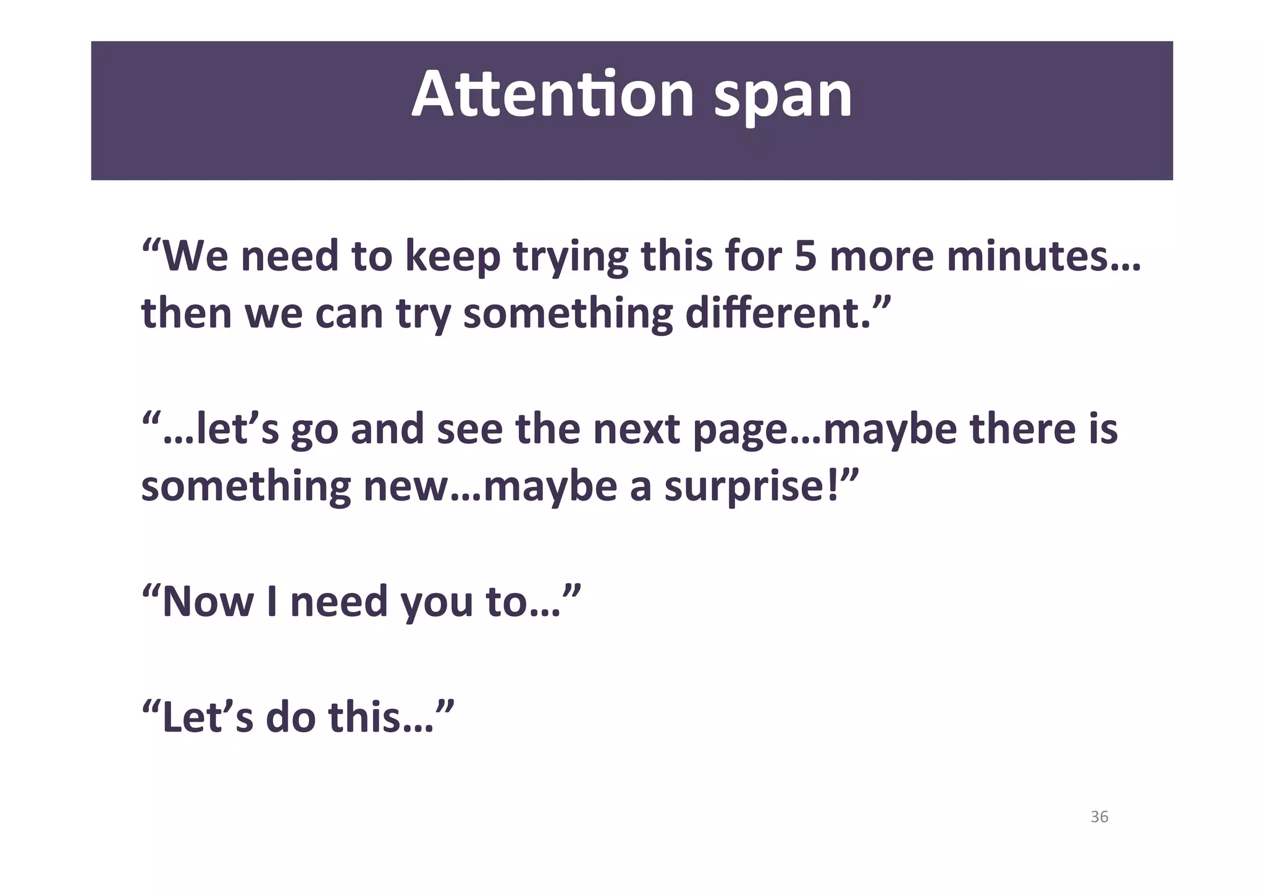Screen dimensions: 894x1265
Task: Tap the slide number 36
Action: point(1099,817)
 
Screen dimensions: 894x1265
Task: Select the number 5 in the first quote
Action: point(805,256)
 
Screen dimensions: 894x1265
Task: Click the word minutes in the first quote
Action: point(1028,256)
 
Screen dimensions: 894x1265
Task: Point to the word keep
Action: point(452,257)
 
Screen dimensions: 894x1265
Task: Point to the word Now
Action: point(208,601)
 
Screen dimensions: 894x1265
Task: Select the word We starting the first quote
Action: point(195,256)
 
